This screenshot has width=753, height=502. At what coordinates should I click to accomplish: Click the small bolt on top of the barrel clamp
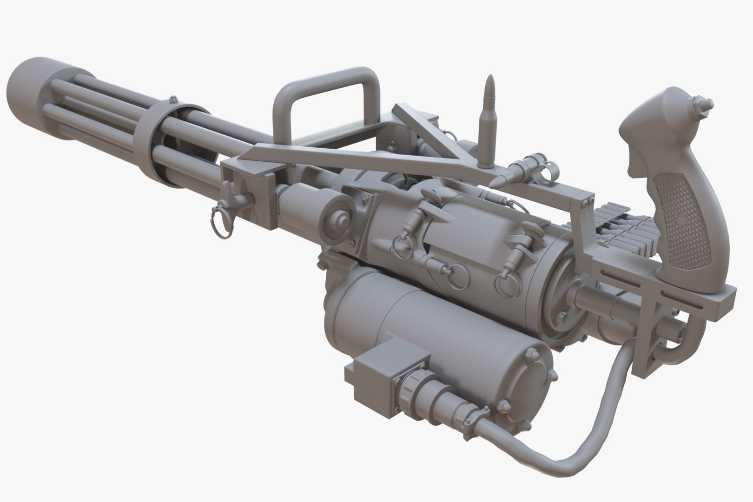(x=173, y=99)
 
